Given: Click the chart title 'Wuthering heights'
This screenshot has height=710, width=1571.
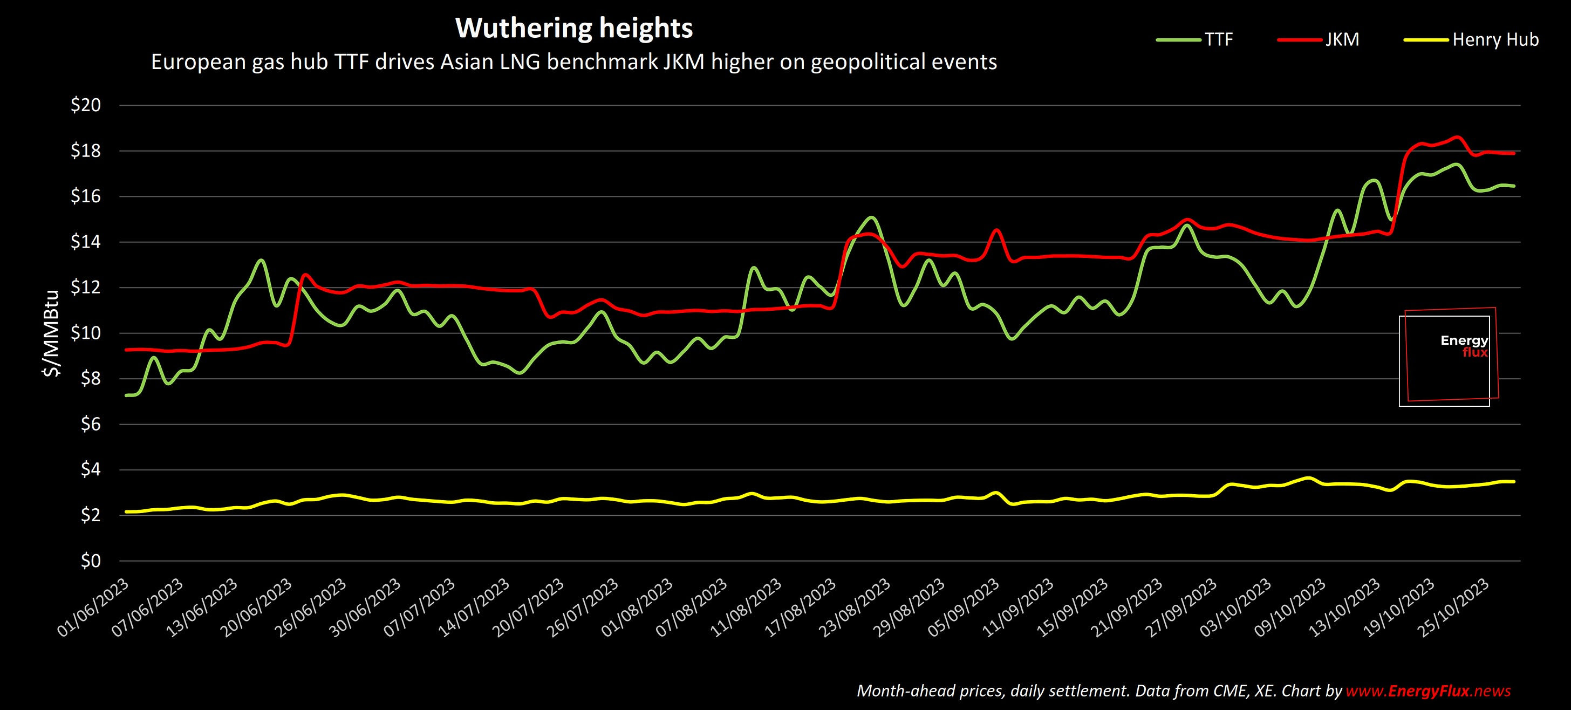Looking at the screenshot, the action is pyautogui.click(x=574, y=29).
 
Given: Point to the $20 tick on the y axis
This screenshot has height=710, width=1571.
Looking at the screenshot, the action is pyautogui.click(x=85, y=106).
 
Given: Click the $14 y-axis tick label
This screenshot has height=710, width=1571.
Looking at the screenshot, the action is pyautogui.click(x=85, y=242).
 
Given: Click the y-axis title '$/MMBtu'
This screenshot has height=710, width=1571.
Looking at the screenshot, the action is pyautogui.click(x=51, y=333).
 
